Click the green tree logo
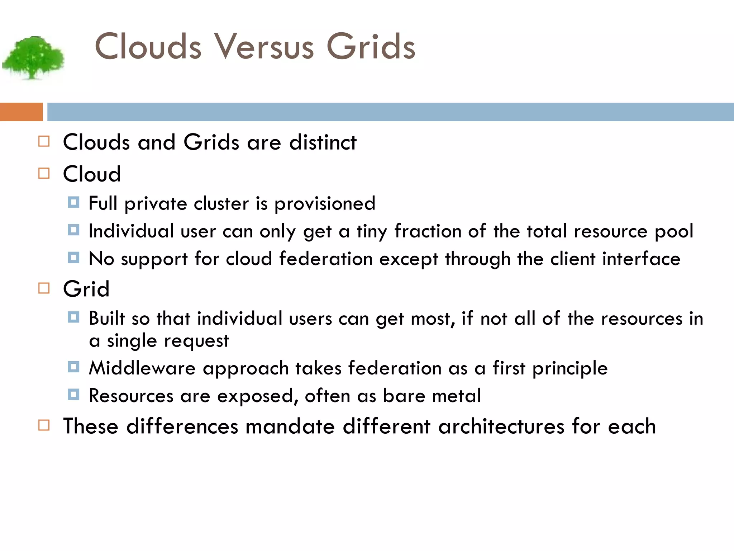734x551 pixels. (33, 57)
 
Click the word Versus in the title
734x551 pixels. (264, 47)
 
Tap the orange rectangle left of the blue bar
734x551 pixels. (21, 112)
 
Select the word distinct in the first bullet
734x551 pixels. (323, 142)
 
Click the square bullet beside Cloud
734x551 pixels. (44, 174)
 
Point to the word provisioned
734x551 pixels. (325, 204)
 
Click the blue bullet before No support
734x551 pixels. (73, 258)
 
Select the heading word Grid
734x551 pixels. (86, 289)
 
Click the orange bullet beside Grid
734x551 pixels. (44, 288)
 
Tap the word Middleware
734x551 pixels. (142, 368)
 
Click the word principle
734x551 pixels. (570, 369)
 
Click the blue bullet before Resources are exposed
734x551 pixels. (73, 395)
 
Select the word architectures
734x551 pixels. (501, 427)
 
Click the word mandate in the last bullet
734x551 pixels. (290, 427)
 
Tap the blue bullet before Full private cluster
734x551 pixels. (73, 203)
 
